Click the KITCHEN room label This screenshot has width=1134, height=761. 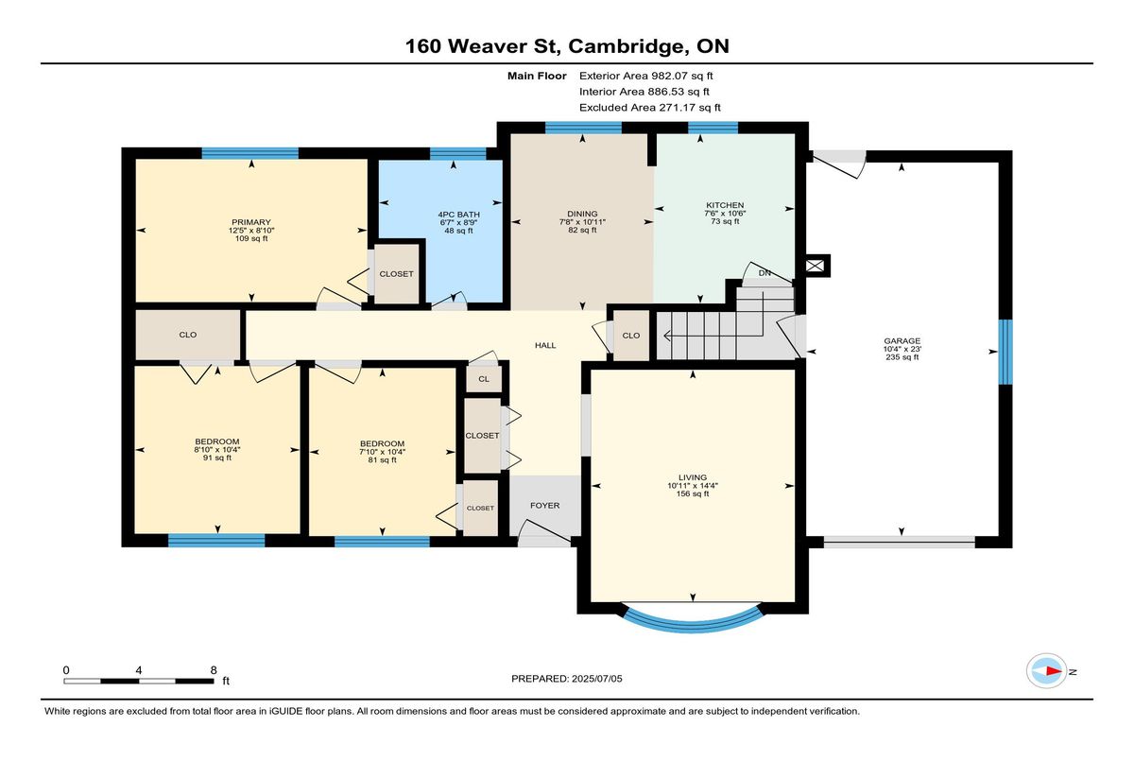coord(725,205)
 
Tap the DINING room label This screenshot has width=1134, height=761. coord(582,214)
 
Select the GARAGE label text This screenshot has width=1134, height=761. coord(902,340)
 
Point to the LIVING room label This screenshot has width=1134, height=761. coord(693,477)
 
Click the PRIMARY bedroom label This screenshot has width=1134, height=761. coord(251,222)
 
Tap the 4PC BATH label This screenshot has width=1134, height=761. coord(458,215)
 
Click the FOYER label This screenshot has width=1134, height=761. coord(544,506)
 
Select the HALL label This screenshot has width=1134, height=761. coord(545,345)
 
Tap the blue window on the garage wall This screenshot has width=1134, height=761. coord(1005,352)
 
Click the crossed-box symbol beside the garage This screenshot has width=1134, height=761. coord(815,266)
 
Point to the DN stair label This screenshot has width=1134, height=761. coord(765,273)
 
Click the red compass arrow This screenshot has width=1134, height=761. coord(1054,671)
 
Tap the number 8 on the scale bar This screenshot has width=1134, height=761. coord(214,670)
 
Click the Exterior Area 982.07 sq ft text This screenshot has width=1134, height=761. coord(646,76)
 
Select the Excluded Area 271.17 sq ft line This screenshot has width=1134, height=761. coord(650,108)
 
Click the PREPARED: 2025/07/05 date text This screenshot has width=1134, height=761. coord(566,679)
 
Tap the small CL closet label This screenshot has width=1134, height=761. coord(484,379)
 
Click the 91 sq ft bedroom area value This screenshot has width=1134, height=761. coord(217,458)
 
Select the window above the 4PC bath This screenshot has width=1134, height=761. coord(458,153)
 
